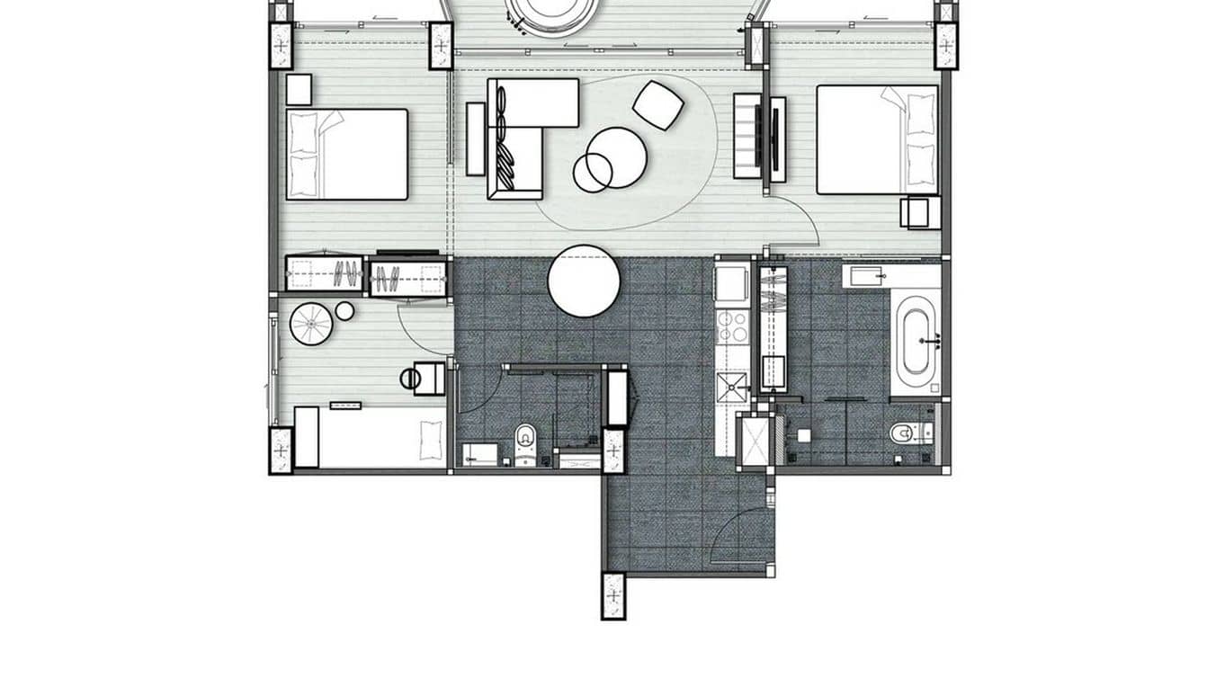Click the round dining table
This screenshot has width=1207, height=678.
[584, 281]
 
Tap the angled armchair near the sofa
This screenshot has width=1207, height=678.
[657, 104]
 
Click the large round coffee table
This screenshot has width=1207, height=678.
[617, 156]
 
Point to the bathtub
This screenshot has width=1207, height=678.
[915, 341]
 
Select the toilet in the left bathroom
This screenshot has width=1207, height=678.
[525, 442]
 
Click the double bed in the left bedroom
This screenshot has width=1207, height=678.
[346, 154]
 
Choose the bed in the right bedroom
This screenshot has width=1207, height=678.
[877, 139]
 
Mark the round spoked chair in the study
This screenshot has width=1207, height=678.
[311, 324]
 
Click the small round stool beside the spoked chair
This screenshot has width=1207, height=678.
[344, 311]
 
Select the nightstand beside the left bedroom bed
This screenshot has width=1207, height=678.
[299, 90]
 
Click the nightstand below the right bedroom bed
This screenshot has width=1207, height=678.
[920, 212]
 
